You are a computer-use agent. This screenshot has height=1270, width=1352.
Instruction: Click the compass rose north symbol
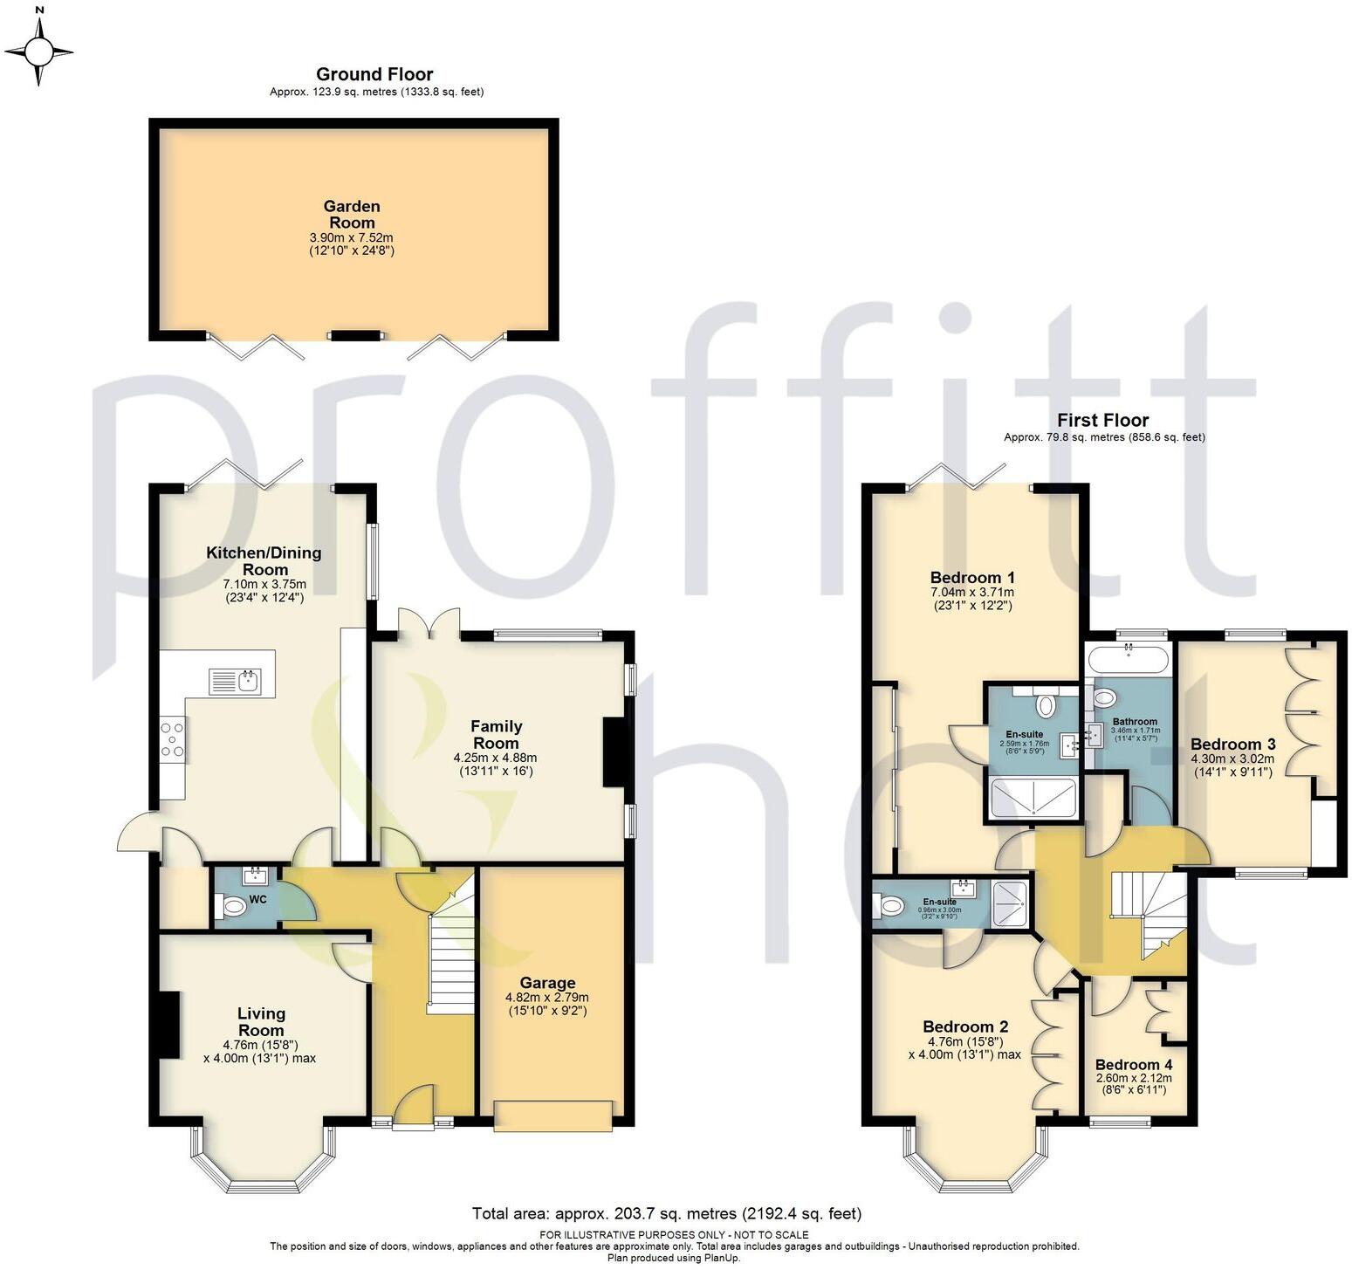[x=38, y=48]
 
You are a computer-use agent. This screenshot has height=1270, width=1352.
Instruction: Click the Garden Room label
[x=352, y=215]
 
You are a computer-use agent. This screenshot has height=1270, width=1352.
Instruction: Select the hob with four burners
[x=173, y=739]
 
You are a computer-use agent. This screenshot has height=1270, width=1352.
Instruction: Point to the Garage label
[x=547, y=983]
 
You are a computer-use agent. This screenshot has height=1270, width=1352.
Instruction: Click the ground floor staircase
[x=450, y=951]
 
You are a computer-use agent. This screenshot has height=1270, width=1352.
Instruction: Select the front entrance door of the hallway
[x=413, y=1107]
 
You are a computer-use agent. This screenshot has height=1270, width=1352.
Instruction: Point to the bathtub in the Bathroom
[x=1129, y=659]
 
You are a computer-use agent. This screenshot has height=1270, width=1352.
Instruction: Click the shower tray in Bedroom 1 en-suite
[x=1033, y=799]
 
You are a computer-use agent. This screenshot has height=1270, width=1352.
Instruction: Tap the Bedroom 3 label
[x=1232, y=745]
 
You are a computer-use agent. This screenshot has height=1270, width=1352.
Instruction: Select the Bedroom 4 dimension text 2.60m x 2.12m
[x=1134, y=1078]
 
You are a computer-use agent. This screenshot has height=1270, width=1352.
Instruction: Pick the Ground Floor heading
[x=374, y=74]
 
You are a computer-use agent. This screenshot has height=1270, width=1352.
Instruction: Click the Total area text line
[x=666, y=1213]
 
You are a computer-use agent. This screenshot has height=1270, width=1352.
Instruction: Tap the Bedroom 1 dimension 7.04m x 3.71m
[x=972, y=592]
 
